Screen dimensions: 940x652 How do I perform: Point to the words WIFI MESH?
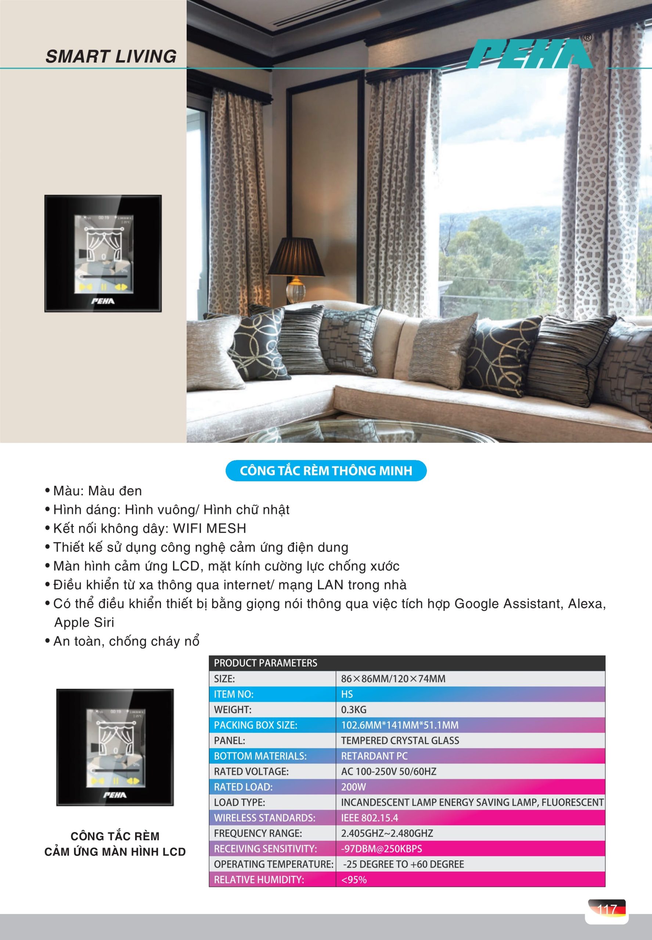[210, 528]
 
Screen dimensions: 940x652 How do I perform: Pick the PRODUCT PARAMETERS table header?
[266, 663]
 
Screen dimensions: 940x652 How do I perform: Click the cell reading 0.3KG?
[354, 710]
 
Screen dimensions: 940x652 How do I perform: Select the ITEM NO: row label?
[234, 694]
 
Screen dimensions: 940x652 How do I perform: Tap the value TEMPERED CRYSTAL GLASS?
[400, 740]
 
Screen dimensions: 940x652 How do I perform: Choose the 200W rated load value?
[353, 787]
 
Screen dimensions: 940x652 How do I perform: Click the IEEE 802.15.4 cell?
[369, 818]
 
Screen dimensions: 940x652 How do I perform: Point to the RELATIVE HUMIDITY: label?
[259, 879]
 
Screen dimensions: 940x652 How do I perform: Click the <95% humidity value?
[354, 879]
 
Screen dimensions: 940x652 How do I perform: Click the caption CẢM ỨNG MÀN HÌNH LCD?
[115, 852]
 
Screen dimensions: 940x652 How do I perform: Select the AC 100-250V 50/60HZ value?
[389, 771]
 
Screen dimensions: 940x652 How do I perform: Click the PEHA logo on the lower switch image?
[115, 795]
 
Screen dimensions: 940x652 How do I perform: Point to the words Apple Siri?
[84, 622]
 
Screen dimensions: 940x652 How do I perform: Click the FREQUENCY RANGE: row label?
[258, 833]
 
